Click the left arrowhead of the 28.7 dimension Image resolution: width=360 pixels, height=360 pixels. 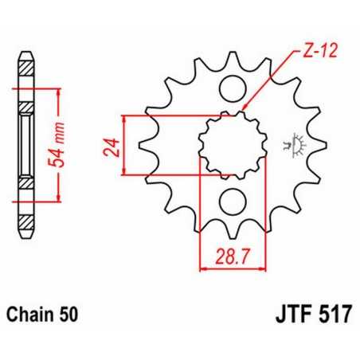[x=202, y=268]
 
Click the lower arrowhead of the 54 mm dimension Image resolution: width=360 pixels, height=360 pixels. [x=58, y=198]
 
